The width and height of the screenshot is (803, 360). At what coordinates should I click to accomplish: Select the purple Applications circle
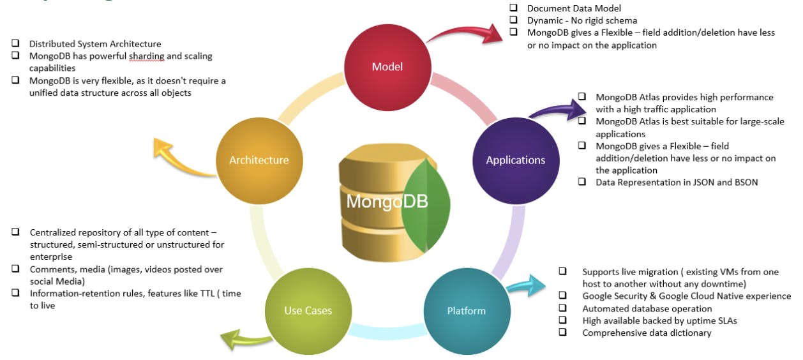point(515,160)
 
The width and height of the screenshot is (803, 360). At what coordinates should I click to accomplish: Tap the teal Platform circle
point(465,311)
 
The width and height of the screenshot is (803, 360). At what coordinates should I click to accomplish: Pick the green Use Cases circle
point(308,311)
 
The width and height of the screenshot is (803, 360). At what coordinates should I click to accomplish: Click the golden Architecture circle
point(259,160)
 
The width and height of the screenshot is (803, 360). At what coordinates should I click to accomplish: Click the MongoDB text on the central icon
point(387,202)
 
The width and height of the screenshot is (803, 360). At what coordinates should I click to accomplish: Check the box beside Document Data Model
point(513,8)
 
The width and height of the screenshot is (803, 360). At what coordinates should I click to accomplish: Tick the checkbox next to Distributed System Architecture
point(15,43)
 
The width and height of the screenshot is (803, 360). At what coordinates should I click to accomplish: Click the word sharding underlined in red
point(147,56)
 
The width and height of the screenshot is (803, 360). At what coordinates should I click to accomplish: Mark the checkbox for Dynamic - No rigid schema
point(513,20)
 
